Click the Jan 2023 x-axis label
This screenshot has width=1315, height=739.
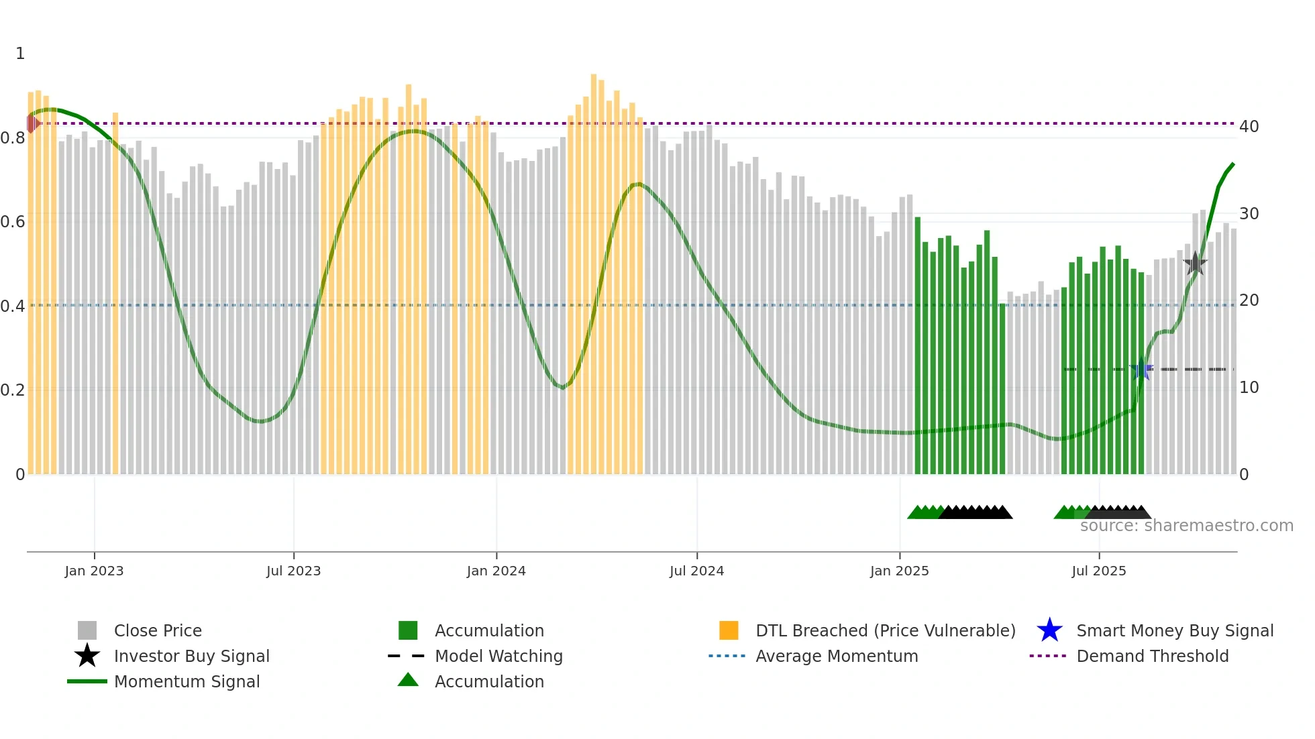click(94, 571)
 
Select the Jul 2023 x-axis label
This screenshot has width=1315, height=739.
click(293, 571)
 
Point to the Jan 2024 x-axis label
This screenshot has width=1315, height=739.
click(496, 571)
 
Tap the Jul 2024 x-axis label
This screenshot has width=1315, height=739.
click(696, 571)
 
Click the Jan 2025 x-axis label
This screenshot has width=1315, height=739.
click(899, 571)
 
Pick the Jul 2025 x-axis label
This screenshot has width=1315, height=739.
click(1098, 571)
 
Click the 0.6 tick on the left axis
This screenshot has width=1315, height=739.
click(13, 222)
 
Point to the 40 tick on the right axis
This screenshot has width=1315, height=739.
click(1249, 127)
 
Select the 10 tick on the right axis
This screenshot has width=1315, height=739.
click(1249, 388)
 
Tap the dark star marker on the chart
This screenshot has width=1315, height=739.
click(1195, 264)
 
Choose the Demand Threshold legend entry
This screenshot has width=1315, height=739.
click(1152, 656)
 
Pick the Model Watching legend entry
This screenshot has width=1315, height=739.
click(498, 656)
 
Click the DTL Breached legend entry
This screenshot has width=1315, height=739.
click(885, 630)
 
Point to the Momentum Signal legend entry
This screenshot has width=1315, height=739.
click(187, 681)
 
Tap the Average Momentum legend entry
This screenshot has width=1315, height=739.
click(836, 656)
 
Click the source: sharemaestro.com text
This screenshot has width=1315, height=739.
click(1186, 526)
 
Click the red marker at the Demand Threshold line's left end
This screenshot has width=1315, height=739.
click(33, 123)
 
